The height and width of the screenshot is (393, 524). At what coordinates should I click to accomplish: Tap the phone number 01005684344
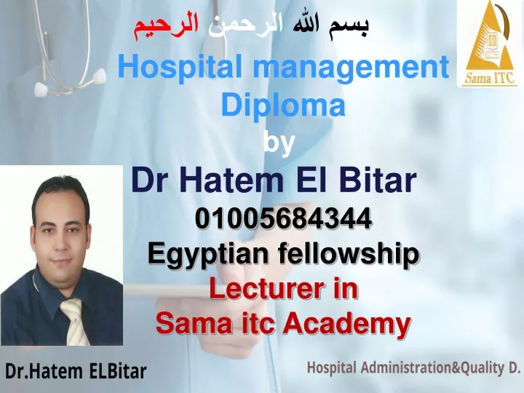(283, 218)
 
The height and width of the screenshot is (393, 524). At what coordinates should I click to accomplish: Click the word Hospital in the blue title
(180, 67)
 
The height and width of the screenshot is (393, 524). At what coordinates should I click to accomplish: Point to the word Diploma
(282, 105)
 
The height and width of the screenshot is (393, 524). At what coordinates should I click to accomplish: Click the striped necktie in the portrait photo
(74, 321)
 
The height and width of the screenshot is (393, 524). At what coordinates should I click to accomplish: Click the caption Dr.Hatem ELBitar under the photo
(76, 371)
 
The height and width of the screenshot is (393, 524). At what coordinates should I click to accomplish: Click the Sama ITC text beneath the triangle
(489, 78)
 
